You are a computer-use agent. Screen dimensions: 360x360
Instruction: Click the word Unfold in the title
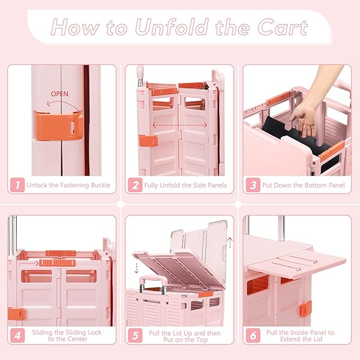click(172, 28)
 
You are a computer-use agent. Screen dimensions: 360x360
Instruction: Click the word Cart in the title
click(283, 28)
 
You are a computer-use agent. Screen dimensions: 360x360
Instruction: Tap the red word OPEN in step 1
click(59, 94)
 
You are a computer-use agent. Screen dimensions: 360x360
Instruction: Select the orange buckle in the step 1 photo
click(59, 126)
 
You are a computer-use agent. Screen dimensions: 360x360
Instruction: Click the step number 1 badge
click(17, 185)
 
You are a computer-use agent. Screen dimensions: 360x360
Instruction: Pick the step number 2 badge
click(135, 185)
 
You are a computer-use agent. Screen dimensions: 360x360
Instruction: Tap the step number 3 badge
click(253, 185)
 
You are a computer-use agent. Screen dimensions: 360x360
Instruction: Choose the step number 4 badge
click(17, 335)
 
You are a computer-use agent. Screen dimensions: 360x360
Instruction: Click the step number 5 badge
click(135, 335)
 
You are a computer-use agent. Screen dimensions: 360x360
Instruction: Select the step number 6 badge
click(253, 335)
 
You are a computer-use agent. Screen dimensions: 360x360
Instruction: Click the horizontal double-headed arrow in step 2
click(180, 125)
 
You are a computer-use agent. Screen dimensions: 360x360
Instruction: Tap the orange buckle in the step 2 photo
click(148, 140)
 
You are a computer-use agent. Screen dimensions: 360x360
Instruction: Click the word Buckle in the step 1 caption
click(100, 185)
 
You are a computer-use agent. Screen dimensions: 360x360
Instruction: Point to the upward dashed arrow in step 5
click(230, 243)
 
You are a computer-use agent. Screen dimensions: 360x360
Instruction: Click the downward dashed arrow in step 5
click(136, 268)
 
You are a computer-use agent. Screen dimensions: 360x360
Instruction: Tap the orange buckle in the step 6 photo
click(305, 308)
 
